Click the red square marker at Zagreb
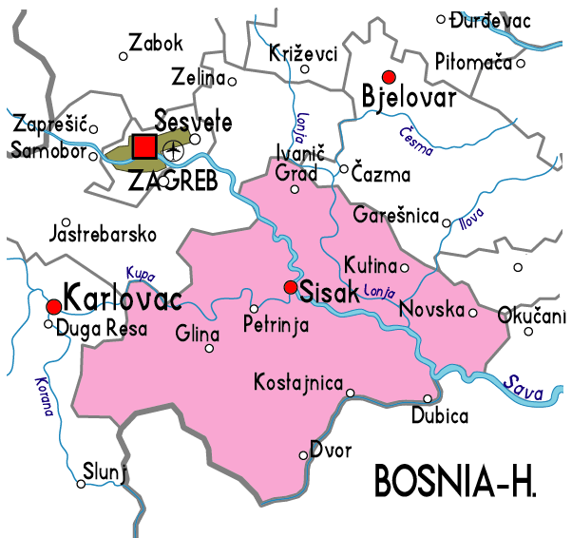(x=144, y=146)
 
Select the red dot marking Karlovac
(x=54, y=306)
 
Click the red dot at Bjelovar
(x=387, y=76)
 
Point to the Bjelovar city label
(x=410, y=97)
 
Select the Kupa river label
(x=140, y=273)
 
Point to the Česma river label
(x=416, y=142)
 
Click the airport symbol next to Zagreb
(x=172, y=149)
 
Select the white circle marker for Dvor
(x=304, y=455)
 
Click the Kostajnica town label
(x=298, y=382)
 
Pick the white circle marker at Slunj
(x=82, y=484)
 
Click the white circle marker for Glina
(x=210, y=348)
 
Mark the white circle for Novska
(x=472, y=311)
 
